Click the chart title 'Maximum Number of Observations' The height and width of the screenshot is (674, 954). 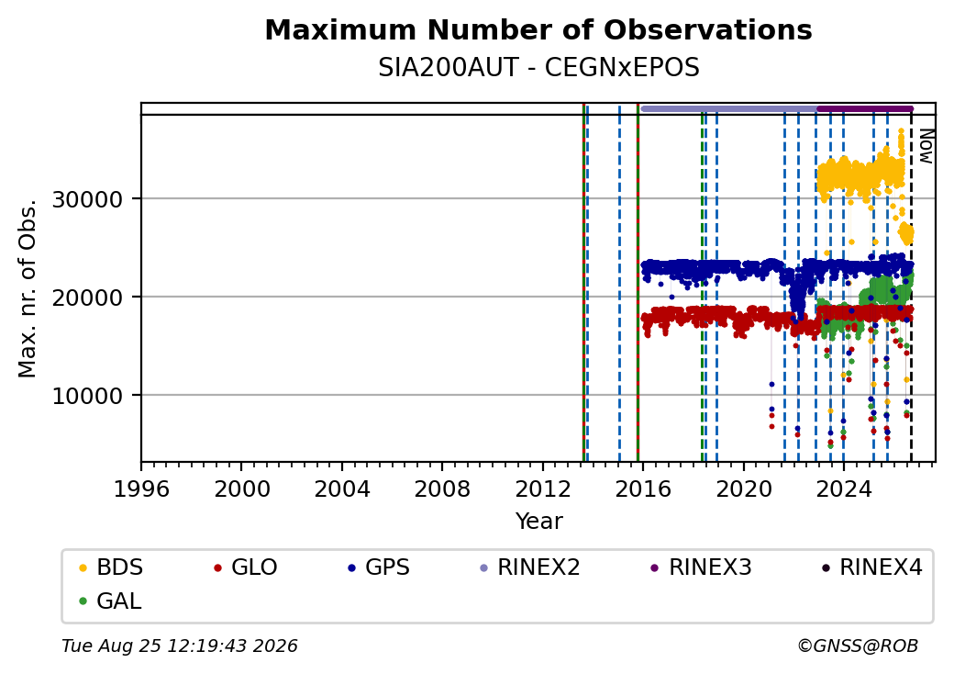(x=538, y=29)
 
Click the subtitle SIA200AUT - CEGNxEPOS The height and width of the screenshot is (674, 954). (x=538, y=68)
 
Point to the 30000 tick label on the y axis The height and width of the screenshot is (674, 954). (x=87, y=199)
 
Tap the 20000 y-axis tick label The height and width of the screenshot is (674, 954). (x=87, y=298)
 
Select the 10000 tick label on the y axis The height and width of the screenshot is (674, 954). (x=87, y=397)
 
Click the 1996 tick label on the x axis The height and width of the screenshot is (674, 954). (x=141, y=489)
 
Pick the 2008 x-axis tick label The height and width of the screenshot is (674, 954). (x=442, y=489)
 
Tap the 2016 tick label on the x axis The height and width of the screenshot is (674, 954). (x=642, y=489)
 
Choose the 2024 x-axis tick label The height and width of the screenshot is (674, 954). (x=843, y=489)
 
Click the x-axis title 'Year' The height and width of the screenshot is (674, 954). (x=539, y=522)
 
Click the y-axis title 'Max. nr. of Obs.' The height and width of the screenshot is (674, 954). (x=28, y=288)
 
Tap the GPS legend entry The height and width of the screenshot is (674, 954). (x=379, y=567)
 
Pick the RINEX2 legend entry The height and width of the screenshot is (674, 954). (x=530, y=567)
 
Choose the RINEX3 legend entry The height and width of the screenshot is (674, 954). (x=701, y=567)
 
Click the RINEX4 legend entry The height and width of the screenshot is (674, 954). (x=871, y=567)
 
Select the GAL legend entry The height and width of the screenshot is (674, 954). (x=111, y=601)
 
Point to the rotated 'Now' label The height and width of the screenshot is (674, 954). (x=926, y=146)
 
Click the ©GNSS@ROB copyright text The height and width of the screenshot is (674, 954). (x=858, y=646)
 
